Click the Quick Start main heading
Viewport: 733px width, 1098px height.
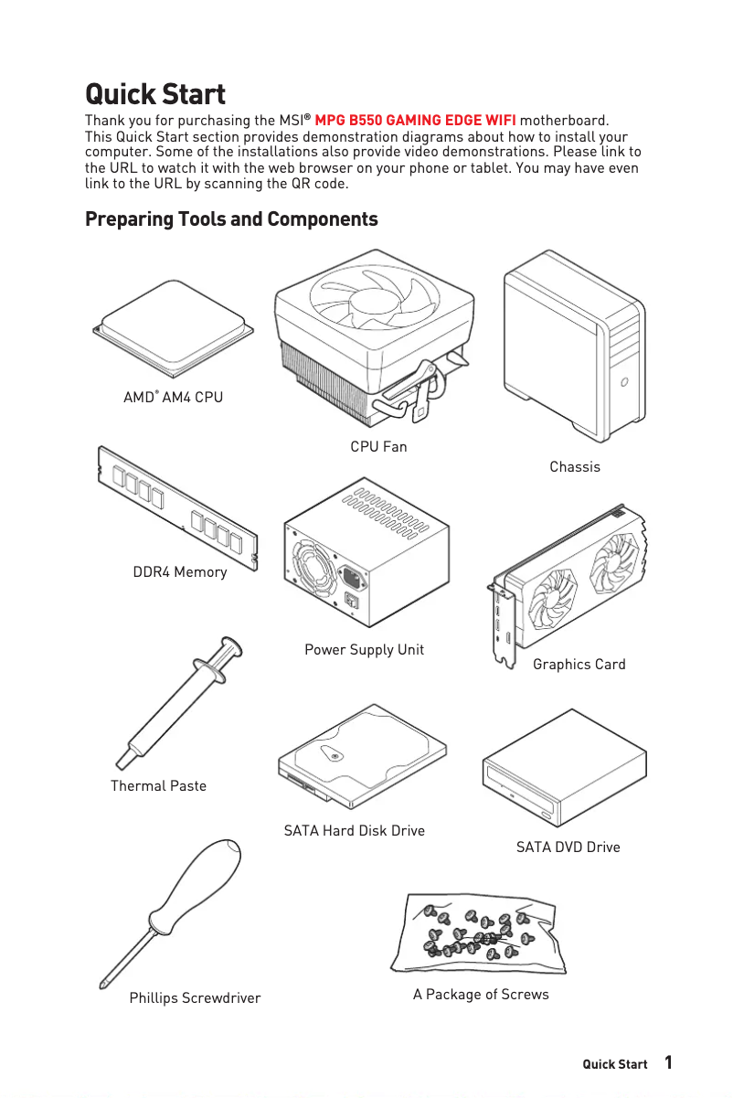point(154,94)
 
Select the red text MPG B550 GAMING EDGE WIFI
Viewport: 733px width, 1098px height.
point(415,121)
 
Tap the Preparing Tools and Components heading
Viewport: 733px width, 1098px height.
point(231,219)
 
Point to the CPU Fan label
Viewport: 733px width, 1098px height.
point(378,447)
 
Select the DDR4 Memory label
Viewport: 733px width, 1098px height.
point(180,572)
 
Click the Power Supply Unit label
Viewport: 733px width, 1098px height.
point(364,650)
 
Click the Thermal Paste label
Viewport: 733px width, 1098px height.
point(158,786)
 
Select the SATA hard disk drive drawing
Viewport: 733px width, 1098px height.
point(361,757)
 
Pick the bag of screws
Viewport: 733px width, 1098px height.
point(478,935)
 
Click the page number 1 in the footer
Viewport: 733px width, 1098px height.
point(669,1062)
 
